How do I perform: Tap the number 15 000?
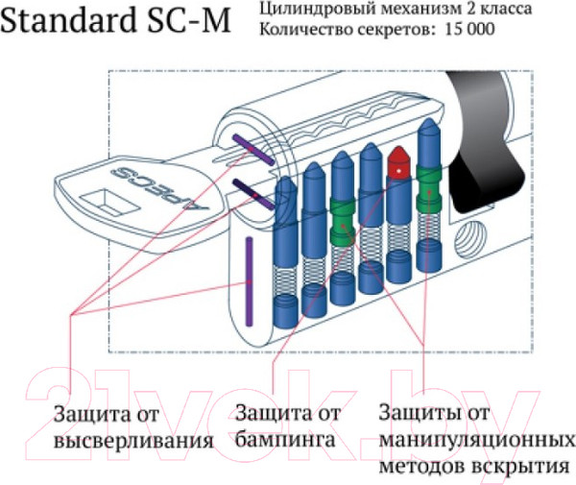(469, 30)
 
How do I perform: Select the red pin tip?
(396, 162)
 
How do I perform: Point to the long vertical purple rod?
(249, 274)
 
